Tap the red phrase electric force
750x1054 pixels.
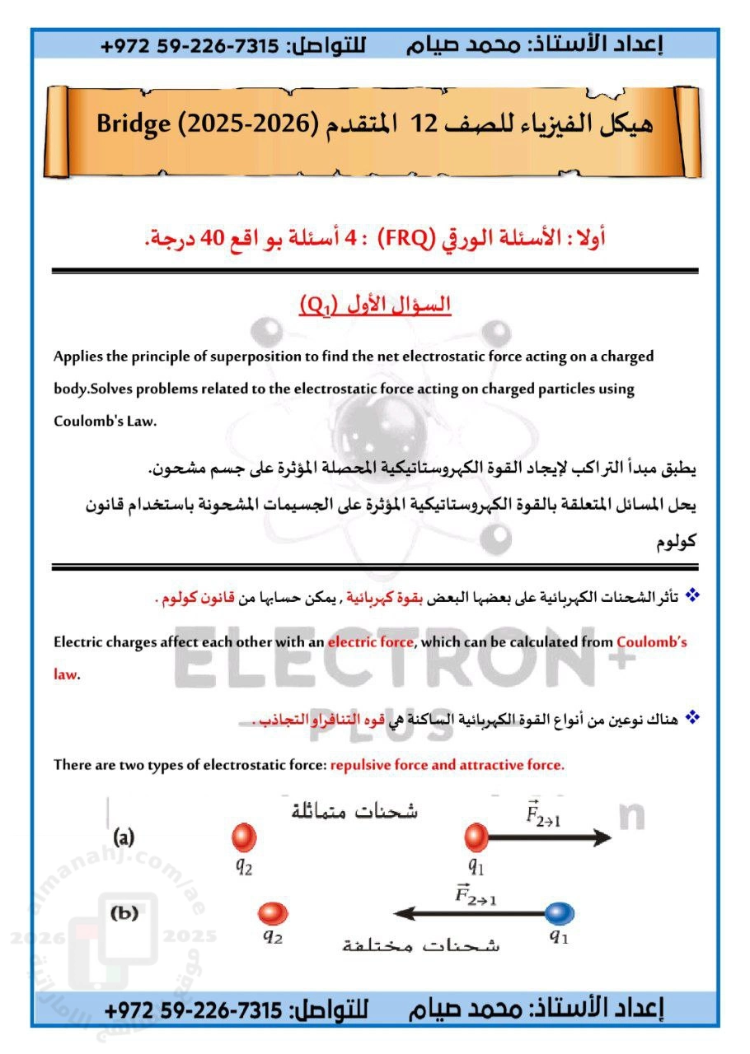click(x=370, y=642)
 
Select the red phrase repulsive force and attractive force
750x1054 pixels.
click(x=448, y=765)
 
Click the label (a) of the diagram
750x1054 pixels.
click(x=124, y=838)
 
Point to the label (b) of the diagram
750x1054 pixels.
click(x=124, y=912)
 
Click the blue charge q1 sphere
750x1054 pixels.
click(x=559, y=912)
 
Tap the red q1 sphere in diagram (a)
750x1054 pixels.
click(x=476, y=837)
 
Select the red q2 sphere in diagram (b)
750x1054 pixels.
click(x=272, y=913)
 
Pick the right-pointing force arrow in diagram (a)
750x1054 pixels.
click(x=548, y=837)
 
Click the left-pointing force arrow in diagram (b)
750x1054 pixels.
click(x=470, y=912)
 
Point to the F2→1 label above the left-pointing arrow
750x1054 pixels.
click(x=476, y=894)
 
